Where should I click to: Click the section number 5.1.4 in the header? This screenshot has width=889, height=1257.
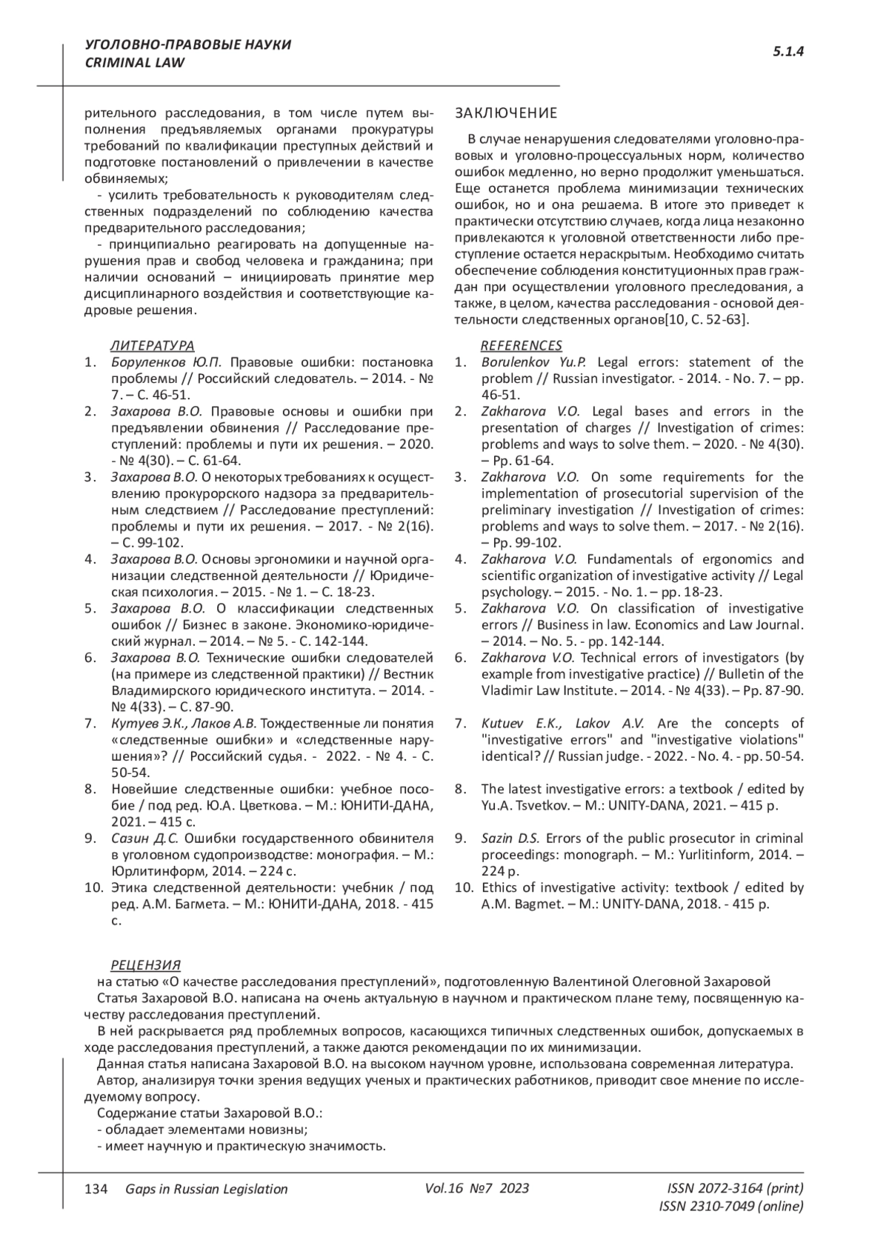[789, 52]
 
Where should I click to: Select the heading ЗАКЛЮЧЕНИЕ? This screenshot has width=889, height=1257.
[505, 113]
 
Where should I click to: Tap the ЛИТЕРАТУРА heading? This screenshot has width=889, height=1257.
[152, 345]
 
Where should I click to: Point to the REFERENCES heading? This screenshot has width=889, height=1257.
[521, 345]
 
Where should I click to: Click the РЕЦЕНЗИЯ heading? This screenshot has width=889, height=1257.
[145, 964]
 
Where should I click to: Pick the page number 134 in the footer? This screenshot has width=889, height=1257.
[97, 1189]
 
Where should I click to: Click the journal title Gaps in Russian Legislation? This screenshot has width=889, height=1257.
[207, 1189]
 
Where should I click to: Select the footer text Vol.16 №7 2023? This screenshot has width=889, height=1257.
[477, 1188]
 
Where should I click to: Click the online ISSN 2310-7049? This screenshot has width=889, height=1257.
[730, 1206]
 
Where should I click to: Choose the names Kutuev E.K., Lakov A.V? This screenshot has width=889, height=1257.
[563, 723]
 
